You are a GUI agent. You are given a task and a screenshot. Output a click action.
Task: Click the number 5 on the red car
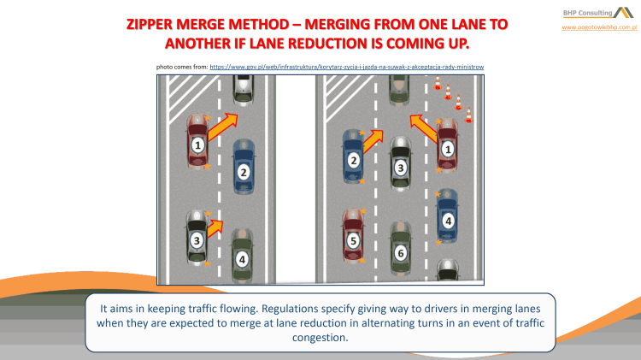(x=353, y=242)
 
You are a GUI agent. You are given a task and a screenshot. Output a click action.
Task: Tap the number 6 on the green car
(x=400, y=253)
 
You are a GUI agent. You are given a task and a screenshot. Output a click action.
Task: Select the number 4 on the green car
(x=243, y=258)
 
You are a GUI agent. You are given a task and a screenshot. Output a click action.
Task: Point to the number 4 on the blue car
(x=448, y=220)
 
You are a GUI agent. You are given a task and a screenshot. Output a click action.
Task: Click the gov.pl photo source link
(x=347, y=66)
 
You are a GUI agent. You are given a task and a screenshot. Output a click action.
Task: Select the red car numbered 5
(x=353, y=236)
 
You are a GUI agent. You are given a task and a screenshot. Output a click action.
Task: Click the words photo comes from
(x=181, y=66)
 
